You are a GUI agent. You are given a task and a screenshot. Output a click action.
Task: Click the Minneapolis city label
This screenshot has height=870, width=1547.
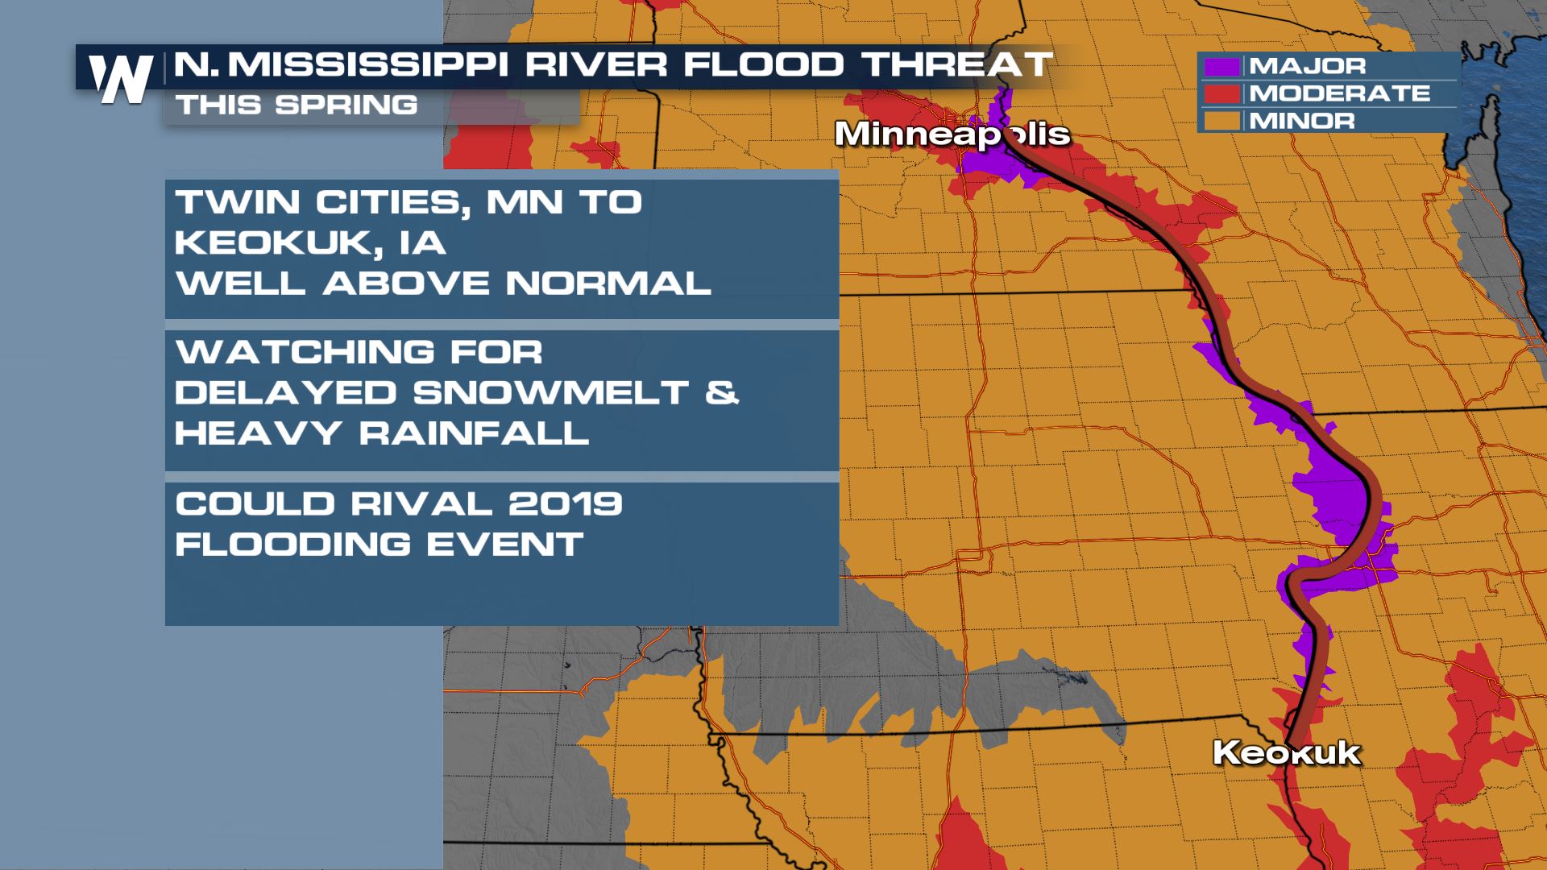click(952, 134)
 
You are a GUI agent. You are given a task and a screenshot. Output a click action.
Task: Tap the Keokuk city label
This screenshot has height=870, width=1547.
click(1286, 753)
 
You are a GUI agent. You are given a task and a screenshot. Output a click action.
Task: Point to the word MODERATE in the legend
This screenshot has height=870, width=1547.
click(1339, 93)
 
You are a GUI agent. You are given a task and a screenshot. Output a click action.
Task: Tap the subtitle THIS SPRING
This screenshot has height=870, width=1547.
click(297, 105)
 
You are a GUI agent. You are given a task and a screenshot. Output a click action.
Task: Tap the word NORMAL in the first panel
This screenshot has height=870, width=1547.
click(608, 284)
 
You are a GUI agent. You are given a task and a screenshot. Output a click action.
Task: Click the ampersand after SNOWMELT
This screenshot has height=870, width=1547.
click(724, 393)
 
